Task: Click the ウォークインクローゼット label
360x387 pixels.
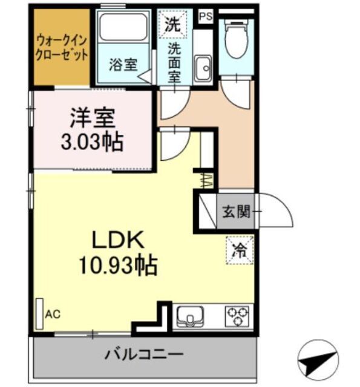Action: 62,47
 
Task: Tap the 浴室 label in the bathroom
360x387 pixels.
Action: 123,65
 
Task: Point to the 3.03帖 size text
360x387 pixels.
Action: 93,143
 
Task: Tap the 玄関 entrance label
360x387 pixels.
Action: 235,212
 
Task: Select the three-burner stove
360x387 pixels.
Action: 237,316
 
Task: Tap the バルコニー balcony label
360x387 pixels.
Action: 143,354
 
